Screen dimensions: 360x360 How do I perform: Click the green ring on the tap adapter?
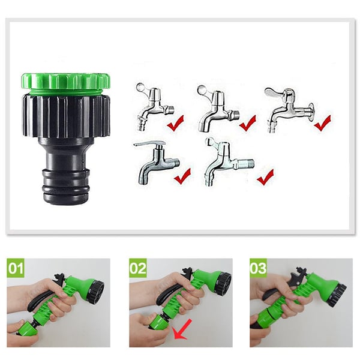pyautogui.click(x=66, y=82)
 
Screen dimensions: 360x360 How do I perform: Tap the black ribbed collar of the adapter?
pyautogui.click(x=66, y=115)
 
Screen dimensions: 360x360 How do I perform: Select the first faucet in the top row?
pyautogui.click(x=154, y=106)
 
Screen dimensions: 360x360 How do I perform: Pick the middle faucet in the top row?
pyautogui.click(x=218, y=108)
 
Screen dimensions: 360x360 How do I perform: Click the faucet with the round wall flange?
pyautogui.click(x=289, y=110)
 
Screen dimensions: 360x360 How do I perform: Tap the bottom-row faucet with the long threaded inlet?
pyautogui.click(x=229, y=161)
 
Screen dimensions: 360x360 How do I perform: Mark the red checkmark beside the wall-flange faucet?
pyautogui.click(x=323, y=123)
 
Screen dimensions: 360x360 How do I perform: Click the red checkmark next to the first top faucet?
pyautogui.click(x=175, y=123)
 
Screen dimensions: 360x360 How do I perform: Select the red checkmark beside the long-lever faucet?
pyautogui.click(x=182, y=176)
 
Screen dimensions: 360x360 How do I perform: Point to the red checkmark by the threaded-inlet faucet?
pyautogui.click(x=265, y=177)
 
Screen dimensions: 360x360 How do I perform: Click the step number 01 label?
pyautogui.click(x=16, y=268)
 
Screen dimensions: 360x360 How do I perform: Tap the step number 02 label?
pyautogui.click(x=138, y=268)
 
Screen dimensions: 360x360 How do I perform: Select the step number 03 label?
pyautogui.click(x=259, y=268)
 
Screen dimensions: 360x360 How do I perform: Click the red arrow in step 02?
pyautogui.click(x=182, y=329)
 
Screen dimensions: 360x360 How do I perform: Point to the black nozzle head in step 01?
pyautogui.click(x=97, y=292)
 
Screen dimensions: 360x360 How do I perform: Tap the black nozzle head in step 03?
pyautogui.click(x=337, y=295)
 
